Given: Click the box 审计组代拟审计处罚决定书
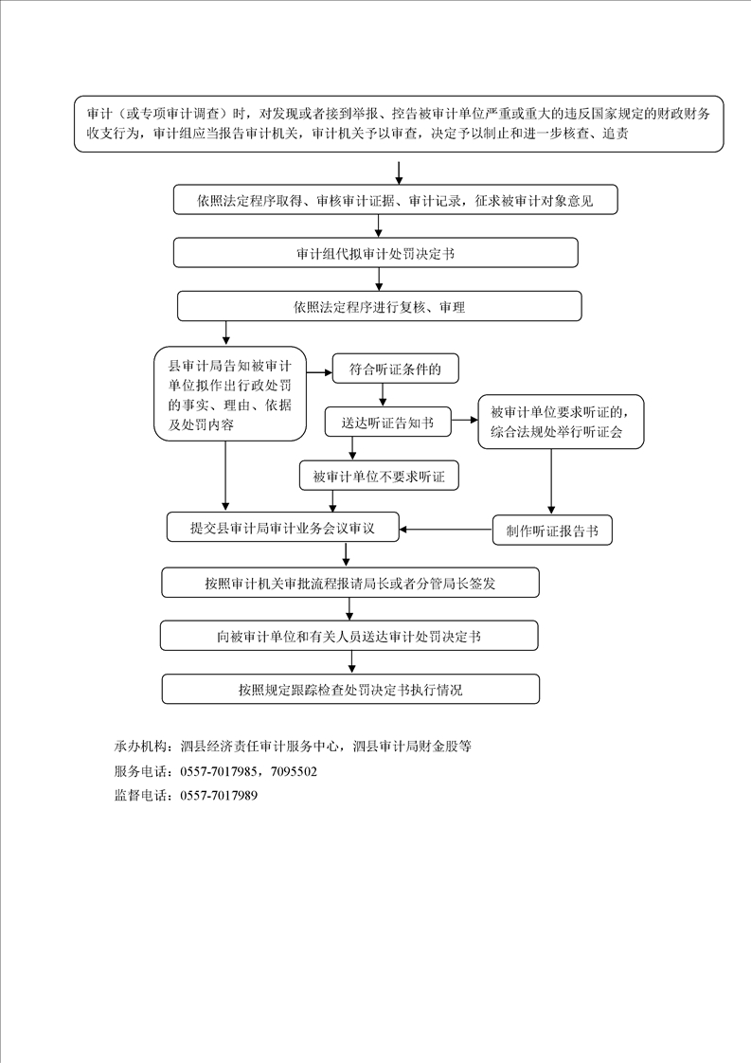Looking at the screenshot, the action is [375, 253].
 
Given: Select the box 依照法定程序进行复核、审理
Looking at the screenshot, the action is [380, 306].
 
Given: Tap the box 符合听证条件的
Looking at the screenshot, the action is [395, 369].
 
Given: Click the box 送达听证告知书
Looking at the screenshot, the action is [387, 423].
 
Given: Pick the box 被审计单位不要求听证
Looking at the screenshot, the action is [379, 476].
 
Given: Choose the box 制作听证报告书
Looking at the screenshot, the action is [552, 531].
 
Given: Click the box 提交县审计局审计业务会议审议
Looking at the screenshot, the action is [282, 528].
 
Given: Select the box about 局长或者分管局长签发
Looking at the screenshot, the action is [350, 583].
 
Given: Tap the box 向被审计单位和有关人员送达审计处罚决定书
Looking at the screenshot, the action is [349, 636].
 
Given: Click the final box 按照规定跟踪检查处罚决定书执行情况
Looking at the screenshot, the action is [350, 689].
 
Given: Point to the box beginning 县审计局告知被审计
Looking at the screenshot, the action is [230, 394].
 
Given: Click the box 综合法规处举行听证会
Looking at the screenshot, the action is [561, 422].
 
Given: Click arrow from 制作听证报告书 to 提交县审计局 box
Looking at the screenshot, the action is [446, 530].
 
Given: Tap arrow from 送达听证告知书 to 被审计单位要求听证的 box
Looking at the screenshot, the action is [465, 421].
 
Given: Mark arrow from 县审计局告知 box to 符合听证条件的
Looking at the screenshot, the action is [319, 372].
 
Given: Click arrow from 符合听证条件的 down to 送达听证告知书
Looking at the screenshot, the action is [383, 395].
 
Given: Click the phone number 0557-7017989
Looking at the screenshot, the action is [219, 795].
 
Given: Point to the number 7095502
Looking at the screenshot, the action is [294, 771].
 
